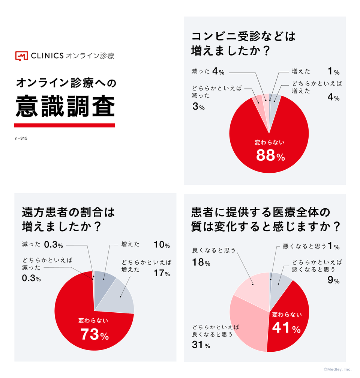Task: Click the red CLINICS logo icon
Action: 21,56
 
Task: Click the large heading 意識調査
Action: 64,106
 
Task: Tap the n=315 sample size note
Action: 21,139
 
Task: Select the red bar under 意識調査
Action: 64,125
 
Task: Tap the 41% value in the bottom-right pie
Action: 286,328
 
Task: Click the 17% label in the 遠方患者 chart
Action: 162,273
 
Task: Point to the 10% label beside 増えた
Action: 162,245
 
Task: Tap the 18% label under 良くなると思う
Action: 201,263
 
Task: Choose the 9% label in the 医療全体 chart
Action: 333,280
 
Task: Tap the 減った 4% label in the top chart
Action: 208,72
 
